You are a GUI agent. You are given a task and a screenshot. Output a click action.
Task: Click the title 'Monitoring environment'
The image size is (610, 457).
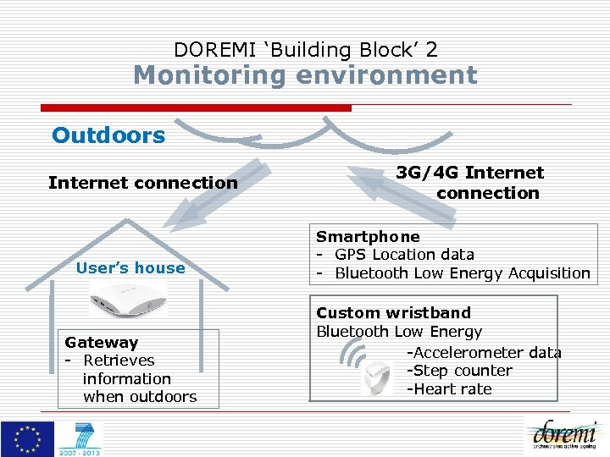[305, 75]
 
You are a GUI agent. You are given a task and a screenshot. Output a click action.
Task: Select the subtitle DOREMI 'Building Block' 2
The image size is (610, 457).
[305, 50]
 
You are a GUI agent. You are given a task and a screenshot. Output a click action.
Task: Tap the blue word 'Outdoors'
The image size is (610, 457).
[108, 135]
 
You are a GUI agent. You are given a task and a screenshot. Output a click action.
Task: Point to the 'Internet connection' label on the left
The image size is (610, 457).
[142, 183]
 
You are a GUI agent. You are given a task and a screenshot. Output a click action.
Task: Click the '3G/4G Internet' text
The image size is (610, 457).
[470, 173]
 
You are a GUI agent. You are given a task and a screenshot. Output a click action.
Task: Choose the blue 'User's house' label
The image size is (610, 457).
[130, 268]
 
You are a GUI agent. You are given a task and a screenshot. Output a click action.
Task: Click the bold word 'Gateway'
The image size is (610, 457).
[101, 343]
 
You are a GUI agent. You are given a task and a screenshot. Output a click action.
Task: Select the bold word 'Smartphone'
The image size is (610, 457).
[368, 237]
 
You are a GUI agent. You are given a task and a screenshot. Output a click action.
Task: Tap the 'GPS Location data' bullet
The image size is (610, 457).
[403, 255]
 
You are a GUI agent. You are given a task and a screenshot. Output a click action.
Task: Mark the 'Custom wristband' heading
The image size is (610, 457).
[393, 313]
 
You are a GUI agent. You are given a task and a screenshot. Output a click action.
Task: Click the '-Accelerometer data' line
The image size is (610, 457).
[483, 352]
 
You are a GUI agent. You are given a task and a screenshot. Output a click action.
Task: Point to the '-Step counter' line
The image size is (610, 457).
[458, 371]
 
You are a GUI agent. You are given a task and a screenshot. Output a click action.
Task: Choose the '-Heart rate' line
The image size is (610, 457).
[448, 389]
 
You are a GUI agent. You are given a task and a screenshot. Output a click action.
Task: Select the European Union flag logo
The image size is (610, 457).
[27, 438]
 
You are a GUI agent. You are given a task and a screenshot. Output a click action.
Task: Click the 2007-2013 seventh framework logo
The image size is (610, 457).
[80, 439]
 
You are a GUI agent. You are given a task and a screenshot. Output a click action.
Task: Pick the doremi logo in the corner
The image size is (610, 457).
[564, 436]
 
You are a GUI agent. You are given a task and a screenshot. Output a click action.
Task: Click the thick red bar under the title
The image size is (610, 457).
[196, 107]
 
